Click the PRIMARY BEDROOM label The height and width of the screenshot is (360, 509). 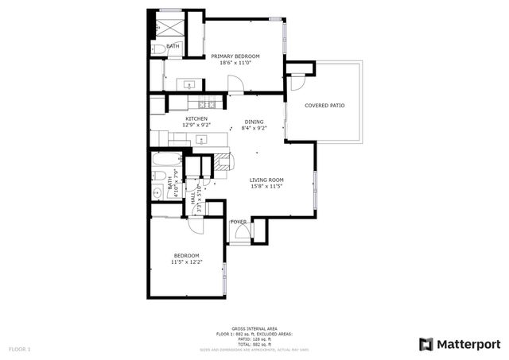pos(235,56)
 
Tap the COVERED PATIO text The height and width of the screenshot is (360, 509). pos(324,105)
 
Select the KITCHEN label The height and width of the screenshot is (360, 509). pos(196,119)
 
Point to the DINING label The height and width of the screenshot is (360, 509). pos(254,122)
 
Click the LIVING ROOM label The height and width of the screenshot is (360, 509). pos(266,180)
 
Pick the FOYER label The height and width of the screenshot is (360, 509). pos(238,222)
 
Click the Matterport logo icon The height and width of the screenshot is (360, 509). pos(426,343)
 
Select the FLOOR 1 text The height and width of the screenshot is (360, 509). pos(19,349)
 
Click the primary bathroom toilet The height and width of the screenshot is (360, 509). pos(157,49)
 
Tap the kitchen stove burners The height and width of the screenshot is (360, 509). pos(208,104)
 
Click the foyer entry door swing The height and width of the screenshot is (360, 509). pos(239,233)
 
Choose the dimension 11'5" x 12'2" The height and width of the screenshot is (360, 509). pos(187,261)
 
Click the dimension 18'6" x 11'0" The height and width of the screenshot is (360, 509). pos(235,63)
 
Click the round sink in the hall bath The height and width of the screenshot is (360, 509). pos(157,192)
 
